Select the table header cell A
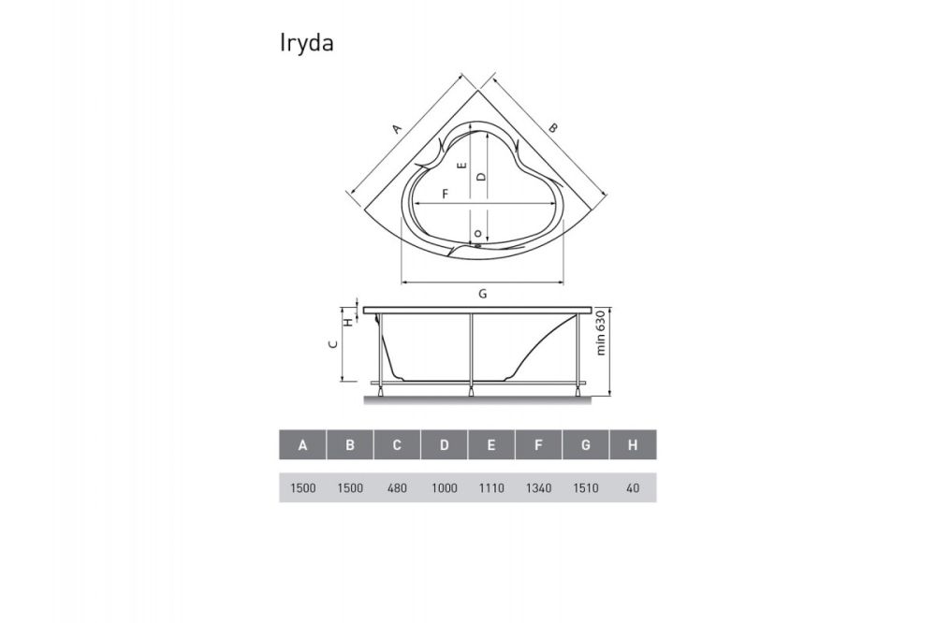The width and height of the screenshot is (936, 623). click(x=302, y=445)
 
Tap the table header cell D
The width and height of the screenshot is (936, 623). click(x=444, y=445)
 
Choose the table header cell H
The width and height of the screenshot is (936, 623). click(x=633, y=445)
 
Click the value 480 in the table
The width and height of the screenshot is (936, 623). click(x=397, y=488)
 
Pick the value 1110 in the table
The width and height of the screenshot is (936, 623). click(x=491, y=488)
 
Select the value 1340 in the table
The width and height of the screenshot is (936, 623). click(x=538, y=488)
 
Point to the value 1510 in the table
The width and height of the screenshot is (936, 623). click(x=585, y=488)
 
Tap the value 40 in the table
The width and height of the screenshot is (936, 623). click(x=633, y=488)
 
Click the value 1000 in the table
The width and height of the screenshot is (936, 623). click(x=444, y=488)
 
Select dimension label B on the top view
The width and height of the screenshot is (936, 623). click(x=553, y=128)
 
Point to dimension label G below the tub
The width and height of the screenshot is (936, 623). click(x=482, y=294)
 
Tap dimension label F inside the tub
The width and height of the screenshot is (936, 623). click(x=446, y=194)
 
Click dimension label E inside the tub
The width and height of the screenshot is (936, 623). click(x=461, y=166)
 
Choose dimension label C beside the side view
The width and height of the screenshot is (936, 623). click(x=332, y=344)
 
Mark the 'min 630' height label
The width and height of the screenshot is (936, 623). click(x=602, y=334)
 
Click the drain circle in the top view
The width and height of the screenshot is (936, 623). click(x=477, y=233)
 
